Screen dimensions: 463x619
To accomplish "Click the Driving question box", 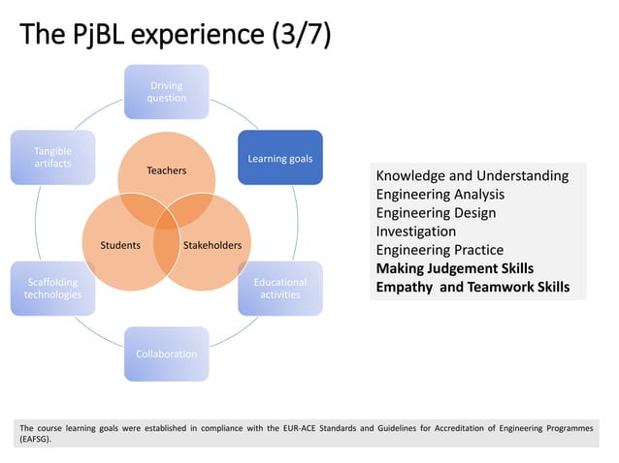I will pos(166,91).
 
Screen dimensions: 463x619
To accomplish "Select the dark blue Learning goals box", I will pos(279,157).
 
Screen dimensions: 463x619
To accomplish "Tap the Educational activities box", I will pos(279,288).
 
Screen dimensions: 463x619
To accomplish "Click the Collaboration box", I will pos(166,354).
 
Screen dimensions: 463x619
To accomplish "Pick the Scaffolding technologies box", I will pos(52,288).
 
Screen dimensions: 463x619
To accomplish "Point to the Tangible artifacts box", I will pos(52,157).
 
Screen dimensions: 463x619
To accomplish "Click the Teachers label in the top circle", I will pos(166,170).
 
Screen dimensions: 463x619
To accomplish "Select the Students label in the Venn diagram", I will pos(120,245).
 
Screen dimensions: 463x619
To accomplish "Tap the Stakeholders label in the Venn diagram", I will pos(212,245).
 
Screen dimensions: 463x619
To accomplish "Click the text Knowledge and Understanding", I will pos(472,176).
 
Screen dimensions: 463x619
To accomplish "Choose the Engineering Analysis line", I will pos(440,195).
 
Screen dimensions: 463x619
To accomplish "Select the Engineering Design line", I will pos(436,213).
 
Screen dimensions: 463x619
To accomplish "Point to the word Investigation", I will pos(415,231).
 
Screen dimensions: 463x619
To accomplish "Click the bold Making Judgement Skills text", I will pos(454,268).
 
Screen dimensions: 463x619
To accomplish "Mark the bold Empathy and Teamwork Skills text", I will pos(472,287).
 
